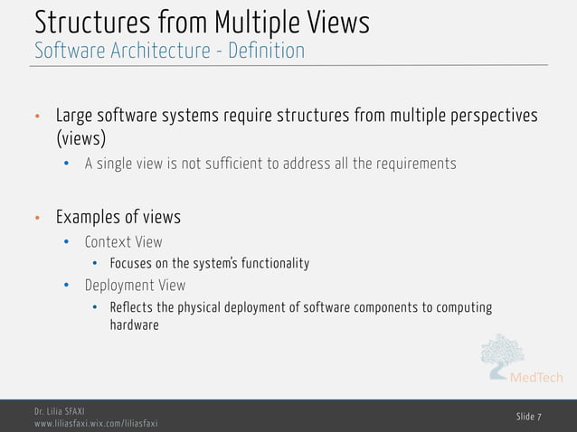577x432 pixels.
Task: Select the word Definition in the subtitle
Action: point(266,51)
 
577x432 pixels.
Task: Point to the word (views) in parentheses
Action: point(80,139)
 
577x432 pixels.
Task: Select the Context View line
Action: point(123,241)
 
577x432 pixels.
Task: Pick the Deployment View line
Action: point(135,285)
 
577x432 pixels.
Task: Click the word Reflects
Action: point(131,307)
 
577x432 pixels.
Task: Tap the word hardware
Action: point(134,325)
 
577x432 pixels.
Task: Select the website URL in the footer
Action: point(96,423)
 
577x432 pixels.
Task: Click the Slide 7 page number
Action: point(529,416)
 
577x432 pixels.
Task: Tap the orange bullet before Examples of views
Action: point(37,219)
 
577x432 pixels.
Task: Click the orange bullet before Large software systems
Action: point(37,117)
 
